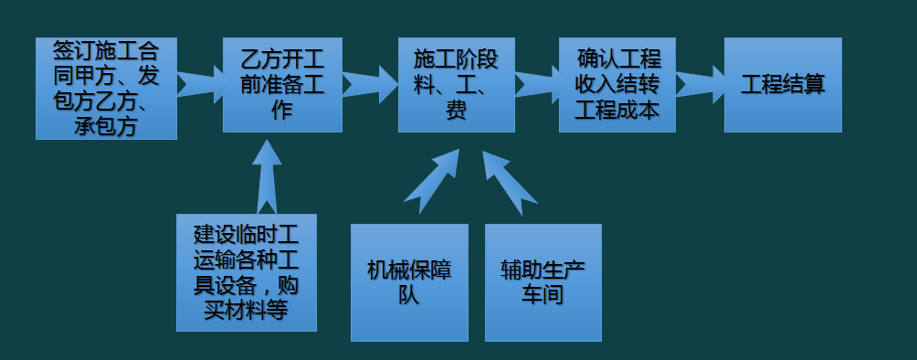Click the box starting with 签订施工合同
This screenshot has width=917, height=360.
(106, 88)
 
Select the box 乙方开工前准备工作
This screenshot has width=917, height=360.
(282, 85)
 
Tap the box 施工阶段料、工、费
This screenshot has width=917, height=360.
(456, 85)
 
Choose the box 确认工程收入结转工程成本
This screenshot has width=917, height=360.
(617, 85)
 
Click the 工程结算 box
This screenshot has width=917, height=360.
(782, 85)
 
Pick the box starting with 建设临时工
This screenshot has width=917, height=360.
(247, 271)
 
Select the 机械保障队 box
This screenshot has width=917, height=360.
(409, 282)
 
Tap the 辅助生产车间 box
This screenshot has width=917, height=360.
(543, 282)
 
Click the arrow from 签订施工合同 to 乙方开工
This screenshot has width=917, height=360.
(200, 85)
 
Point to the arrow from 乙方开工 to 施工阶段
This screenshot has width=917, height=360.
(370, 85)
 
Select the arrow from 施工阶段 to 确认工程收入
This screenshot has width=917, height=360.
(537, 85)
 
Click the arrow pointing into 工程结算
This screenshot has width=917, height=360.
(700, 85)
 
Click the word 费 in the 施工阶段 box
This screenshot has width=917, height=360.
(456, 111)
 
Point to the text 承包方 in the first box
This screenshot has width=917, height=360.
(106, 126)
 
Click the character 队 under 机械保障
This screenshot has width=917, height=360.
(409, 295)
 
